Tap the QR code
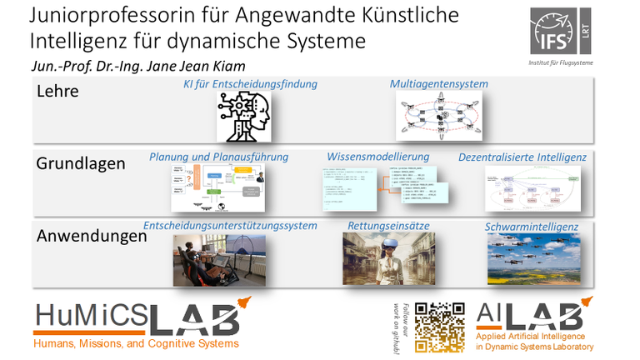pos(440,326)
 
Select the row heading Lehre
pos(57,92)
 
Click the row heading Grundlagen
pos(81,164)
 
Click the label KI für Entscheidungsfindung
pos(250,85)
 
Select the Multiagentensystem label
pos(439,84)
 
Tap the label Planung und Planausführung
pos(218,157)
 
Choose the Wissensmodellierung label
pos(378,156)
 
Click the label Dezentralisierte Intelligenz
pos(522,157)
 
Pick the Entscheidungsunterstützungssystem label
pos(230,226)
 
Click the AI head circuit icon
pos(244,116)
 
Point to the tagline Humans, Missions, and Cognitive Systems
pos(135,343)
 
